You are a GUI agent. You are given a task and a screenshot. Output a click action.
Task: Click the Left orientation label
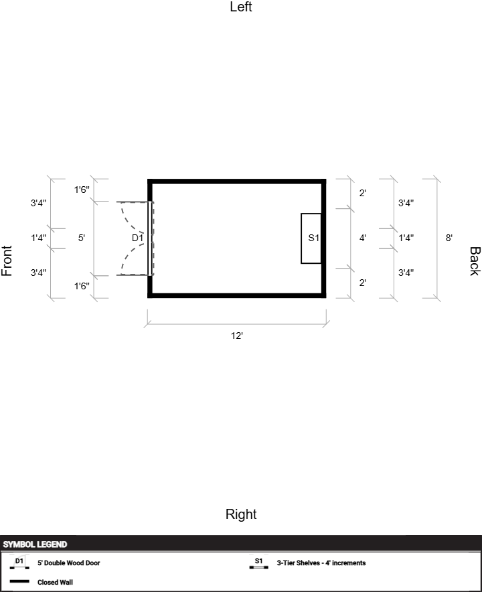[241, 7]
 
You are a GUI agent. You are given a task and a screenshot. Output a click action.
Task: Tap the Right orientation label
[241, 514]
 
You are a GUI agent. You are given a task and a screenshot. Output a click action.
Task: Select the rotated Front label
[7, 261]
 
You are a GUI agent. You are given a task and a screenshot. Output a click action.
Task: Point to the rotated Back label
[475, 261]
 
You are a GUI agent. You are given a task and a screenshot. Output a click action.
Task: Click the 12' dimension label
[237, 336]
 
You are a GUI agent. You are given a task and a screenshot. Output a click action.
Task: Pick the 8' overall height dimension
[449, 238]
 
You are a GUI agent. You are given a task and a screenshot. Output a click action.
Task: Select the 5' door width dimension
[82, 238]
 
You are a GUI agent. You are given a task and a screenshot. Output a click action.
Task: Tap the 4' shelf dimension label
[363, 238]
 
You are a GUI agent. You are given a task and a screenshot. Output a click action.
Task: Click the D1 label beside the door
[137, 238]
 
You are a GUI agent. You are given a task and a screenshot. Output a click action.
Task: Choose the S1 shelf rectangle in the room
[311, 238]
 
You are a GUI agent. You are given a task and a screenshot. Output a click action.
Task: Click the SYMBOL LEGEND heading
[35, 544]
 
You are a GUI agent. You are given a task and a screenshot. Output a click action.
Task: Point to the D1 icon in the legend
[19, 563]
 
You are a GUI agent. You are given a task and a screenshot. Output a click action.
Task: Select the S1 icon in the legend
[258, 563]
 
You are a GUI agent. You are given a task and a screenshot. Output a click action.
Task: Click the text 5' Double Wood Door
[69, 563]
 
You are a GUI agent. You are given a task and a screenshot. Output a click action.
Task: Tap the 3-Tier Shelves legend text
[321, 563]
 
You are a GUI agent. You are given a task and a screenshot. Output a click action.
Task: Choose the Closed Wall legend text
[55, 582]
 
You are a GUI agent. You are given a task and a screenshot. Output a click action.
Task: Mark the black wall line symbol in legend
[19, 581]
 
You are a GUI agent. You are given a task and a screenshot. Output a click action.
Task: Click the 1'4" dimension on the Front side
[39, 238]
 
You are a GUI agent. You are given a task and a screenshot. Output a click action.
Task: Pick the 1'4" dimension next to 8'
[406, 238]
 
